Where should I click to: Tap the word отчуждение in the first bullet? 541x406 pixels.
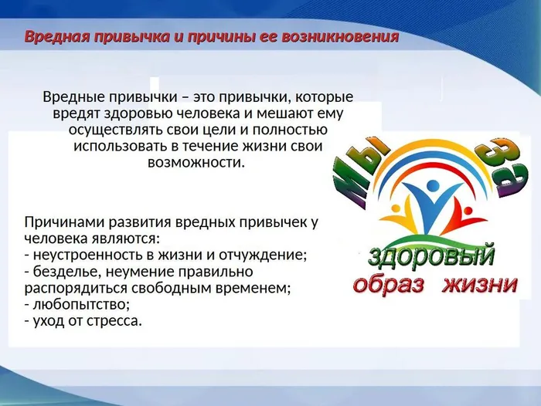tap(266, 255)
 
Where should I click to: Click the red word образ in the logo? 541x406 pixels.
tap(390, 285)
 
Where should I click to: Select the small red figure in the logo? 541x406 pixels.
tap(463, 208)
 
